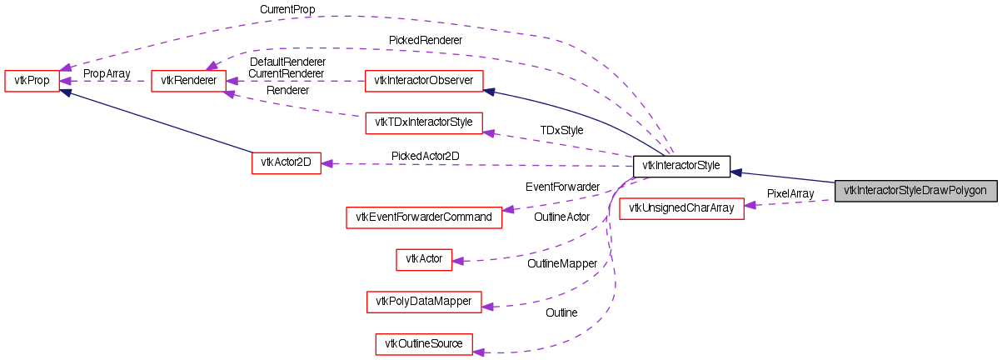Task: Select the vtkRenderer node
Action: click(x=189, y=81)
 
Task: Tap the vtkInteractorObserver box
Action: click(x=424, y=81)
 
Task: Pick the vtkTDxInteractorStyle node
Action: click(x=424, y=123)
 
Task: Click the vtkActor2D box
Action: click(x=286, y=162)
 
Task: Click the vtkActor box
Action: click(x=423, y=259)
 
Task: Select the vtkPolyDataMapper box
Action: click(x=424, y=301)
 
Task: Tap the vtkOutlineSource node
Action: click(x=424, y=343)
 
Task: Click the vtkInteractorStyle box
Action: click(x=681, y=166)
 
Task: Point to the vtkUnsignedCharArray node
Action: click(x=680, y=208)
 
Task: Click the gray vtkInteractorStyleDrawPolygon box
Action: click(x=915, y=190)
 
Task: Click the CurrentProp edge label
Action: click(x=287, y=10)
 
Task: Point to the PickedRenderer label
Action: click(x=425, y=39)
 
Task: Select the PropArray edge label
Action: click(x=107, y=73)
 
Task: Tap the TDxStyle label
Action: click(x=561, y=130)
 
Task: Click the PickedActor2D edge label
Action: click(x=425, y=156)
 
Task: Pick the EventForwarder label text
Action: click(x=562, y=187)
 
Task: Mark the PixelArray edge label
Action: click(x=790, y=193)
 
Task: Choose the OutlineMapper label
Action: click(x=562, y=263)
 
